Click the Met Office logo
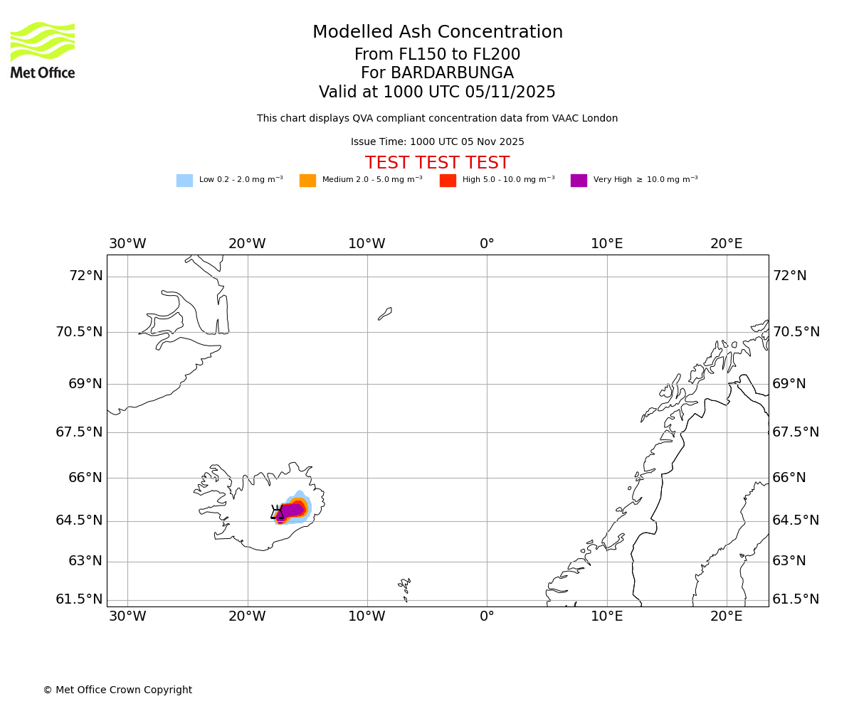pyautogui.click(x=43, y=50)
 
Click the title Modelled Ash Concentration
pyautogui.click(x=437, y=33)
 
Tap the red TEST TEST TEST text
pyautogui.click(x=437, y=164)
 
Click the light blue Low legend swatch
pyautogui.click(x=184, y=181)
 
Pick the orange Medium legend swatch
pyautogui.click(x=307, y=181)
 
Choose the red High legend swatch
pyautogui.click(x=448, y=181)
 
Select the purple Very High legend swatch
pyautogui.click(x=579, y=181)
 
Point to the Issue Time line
pyautogui.click(x=437, y=142)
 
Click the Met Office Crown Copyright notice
pyautogui.click(x=117, y=690)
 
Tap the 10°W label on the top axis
pyautogui.click(x=367, y=244)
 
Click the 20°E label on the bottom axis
pyautogui.click(x=726, y=616)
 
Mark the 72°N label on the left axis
pyautogui.click(x=85, y=276)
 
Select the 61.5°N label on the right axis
pyautogui.click(x=796, y=599)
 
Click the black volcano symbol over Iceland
pyautogui.click(x=278, y=512)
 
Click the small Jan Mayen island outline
pyautogui.click(x=385, y=314)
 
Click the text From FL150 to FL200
pyautogui.click(x=437, y=55)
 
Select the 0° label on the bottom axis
pyautogui.click(x=487, y=616)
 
